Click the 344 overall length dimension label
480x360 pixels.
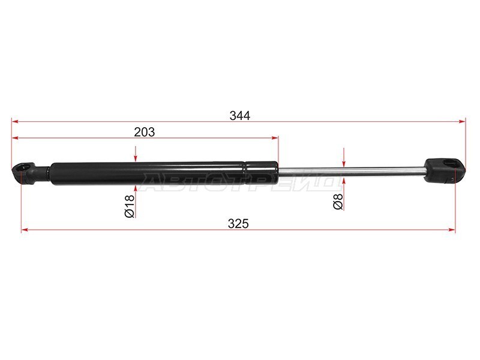coord(240,116)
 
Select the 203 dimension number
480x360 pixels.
coord(145,132)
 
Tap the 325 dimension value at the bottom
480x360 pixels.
coord(238,224)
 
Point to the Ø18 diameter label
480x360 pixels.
coord(129,206)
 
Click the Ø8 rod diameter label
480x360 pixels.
coord(338,202)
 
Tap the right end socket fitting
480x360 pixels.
coord(445,171)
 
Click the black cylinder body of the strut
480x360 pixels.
coord(164,173)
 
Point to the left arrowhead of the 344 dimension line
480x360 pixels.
coord(16,122)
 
